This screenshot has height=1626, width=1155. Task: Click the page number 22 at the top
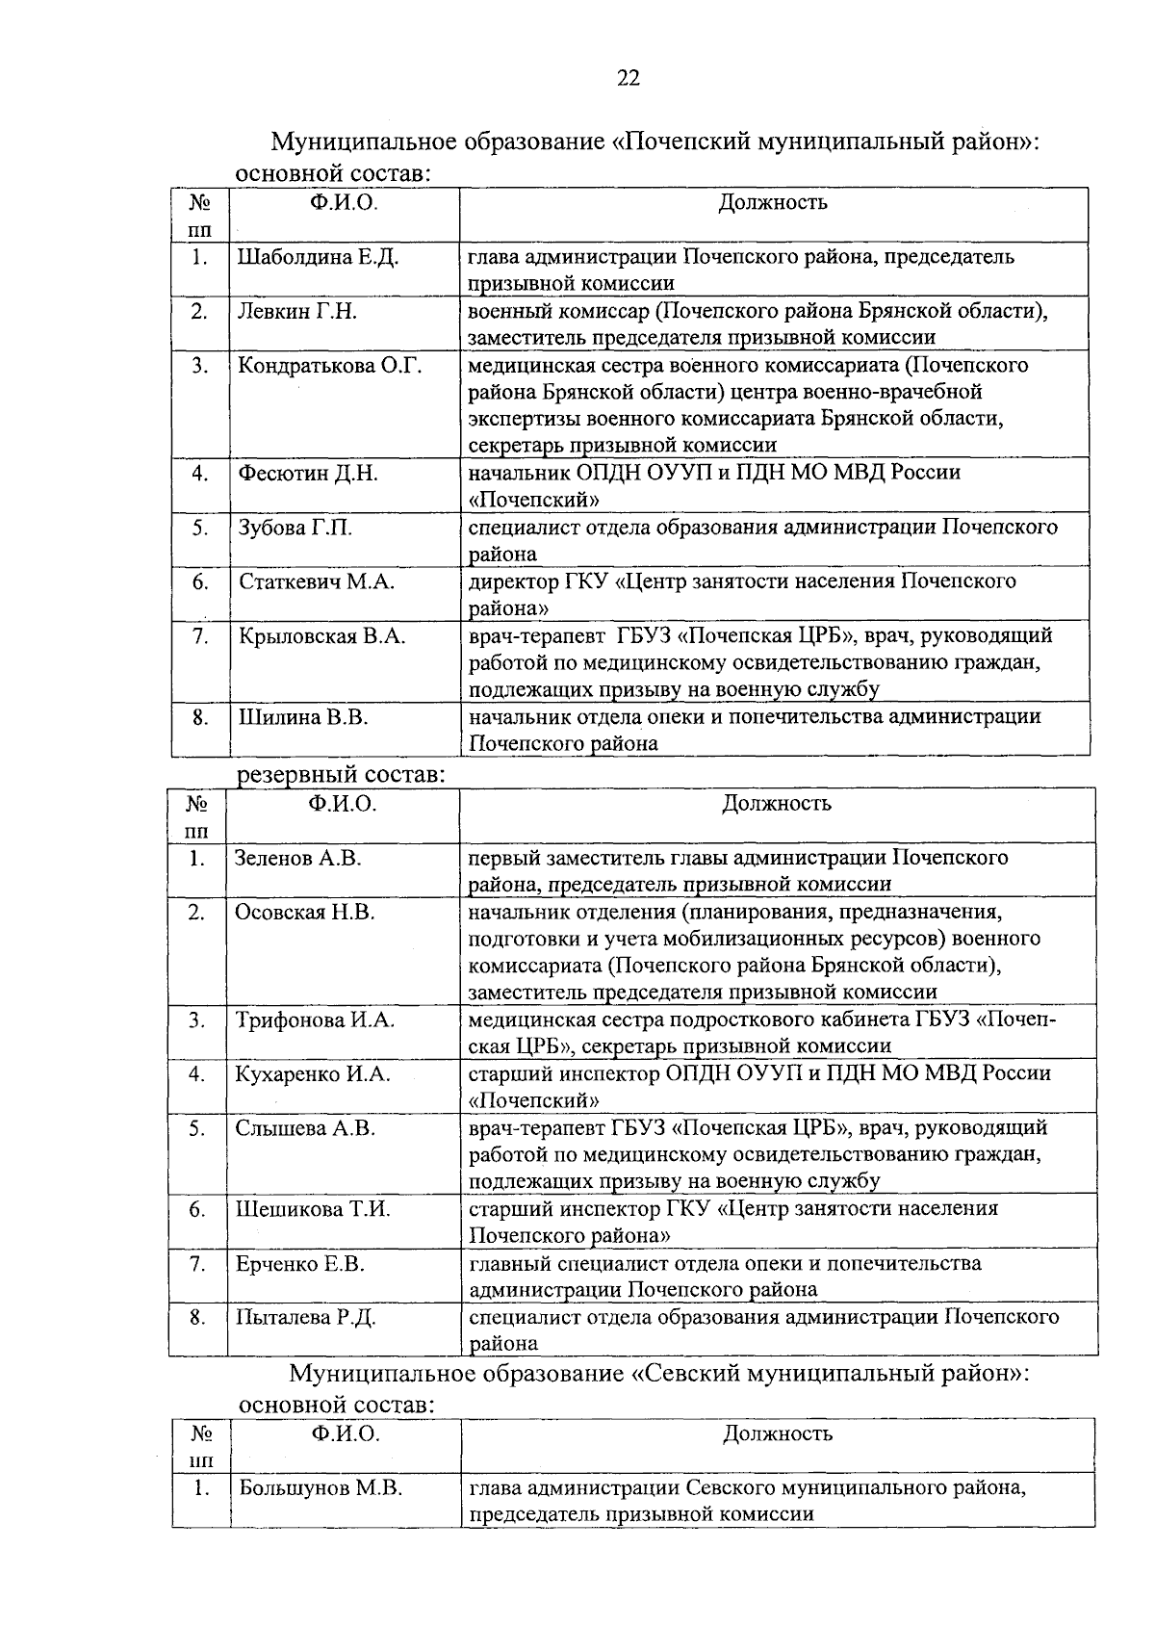point(628,79)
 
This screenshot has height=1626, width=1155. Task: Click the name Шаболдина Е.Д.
point(318,258)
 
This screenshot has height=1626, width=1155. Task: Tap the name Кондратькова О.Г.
point(329,366)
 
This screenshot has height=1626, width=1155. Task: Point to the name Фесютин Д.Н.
point(308,474)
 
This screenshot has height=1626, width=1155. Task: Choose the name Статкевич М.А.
point(317,581)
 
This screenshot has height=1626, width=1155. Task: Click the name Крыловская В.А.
point(321,636)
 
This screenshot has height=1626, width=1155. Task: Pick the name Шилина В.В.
point(303,717)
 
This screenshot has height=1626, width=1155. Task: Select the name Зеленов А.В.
point(297,858)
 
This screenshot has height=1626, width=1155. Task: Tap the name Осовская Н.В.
point(304,912)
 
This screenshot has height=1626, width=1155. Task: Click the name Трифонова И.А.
point(315,1020)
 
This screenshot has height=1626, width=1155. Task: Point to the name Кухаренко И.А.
point(313,1074)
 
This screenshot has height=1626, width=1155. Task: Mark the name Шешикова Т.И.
point(313,1209)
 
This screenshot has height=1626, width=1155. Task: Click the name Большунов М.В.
point(321,1488)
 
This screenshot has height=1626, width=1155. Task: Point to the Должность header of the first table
point(773,202)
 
